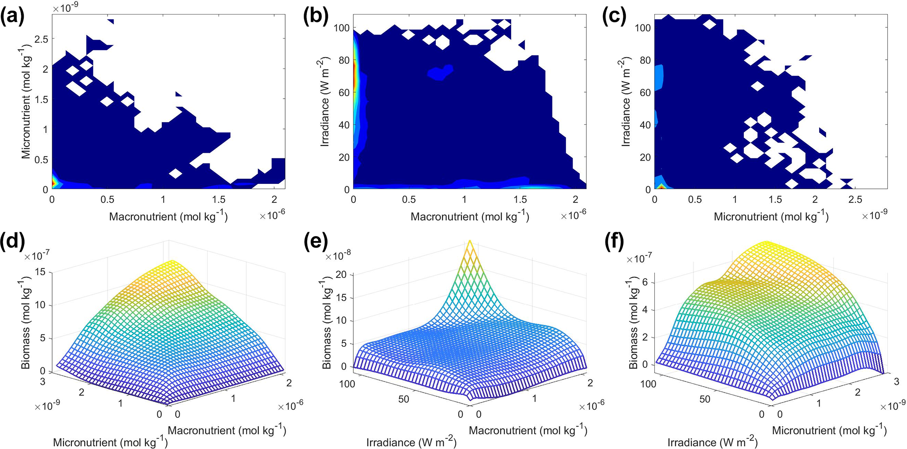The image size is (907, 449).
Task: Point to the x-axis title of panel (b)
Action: click(x=470, y=216)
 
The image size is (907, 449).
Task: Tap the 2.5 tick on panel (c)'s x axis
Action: click(x=855, y=200)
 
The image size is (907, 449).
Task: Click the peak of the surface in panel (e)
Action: click(x=470, y=242)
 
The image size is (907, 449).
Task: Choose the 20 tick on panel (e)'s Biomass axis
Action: click(x=341, y=275)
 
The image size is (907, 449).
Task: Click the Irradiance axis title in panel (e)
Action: click(x=412, y=442)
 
